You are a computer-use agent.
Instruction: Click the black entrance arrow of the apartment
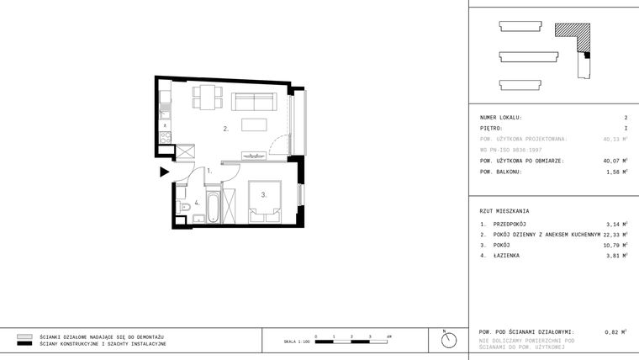[165, 172]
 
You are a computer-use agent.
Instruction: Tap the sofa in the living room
[253, 102]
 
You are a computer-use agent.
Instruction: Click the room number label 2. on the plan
[225, 130]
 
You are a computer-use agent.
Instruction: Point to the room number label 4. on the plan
[198, 203]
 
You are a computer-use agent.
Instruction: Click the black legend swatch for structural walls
[24, 344]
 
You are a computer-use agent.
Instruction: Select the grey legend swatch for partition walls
[24, 336]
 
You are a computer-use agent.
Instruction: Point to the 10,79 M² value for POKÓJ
[615, 245]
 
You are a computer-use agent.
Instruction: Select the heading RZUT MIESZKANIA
[504, 211]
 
